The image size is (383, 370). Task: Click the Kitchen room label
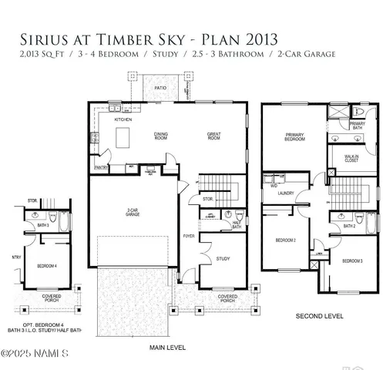point(123,120)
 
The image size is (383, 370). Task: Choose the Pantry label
point(100,166)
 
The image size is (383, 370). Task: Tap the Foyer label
point(188,237)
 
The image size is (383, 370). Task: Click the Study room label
point(223,258)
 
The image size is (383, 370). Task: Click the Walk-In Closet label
point(354,160)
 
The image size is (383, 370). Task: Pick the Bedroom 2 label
point(286,240)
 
